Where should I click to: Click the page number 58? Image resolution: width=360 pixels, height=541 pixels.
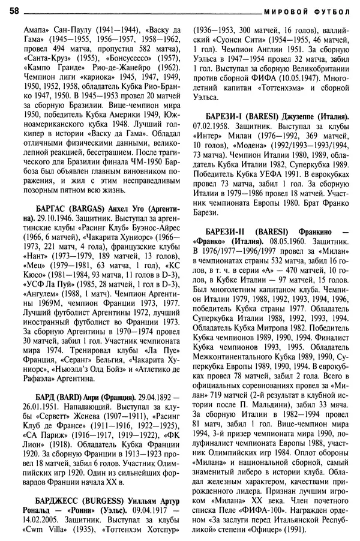(14, 11)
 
